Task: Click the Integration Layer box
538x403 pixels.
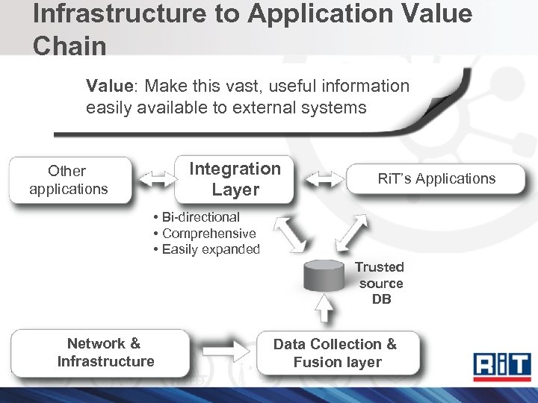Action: (x=235, y=179)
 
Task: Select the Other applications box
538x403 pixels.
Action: (x=69, y=180)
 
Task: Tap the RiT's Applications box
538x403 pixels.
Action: (x=436, y=179)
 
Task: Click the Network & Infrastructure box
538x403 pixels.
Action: (x=105, y=352)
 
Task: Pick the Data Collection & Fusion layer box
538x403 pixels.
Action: (x=336, y=353)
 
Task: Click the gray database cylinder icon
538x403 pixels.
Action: (x=327, y=277)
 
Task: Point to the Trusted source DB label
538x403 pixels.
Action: (x=380, y=284)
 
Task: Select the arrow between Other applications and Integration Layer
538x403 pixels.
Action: (x=154, y=180)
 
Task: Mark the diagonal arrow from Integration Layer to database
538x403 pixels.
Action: (x=290, y=233)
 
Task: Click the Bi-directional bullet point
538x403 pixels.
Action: (x=197, y=217)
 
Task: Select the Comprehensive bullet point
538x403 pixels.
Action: (x=204, y=234)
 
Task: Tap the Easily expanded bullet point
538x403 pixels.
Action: (x=206, y=249)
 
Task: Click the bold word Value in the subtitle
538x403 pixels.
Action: (x=108, y=87)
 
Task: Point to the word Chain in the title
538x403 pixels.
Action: (x=69, y=46)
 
